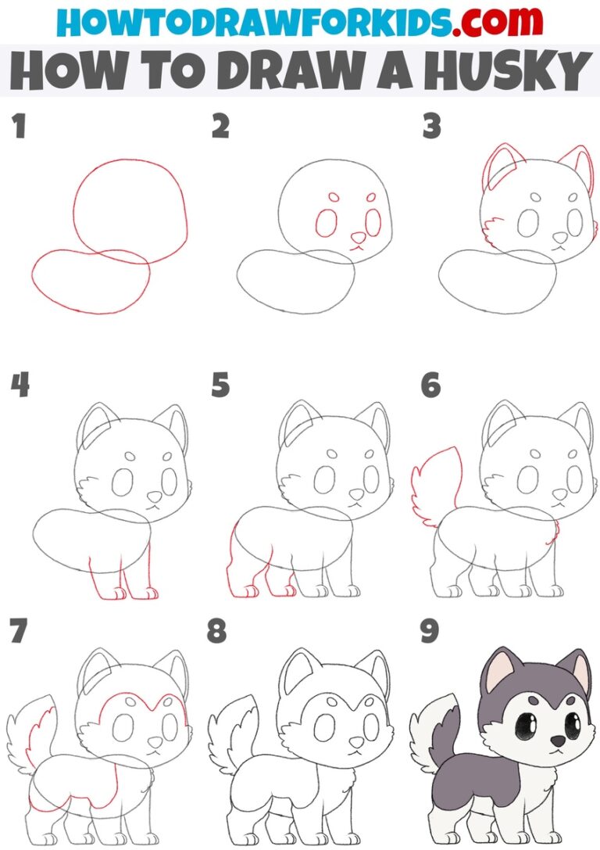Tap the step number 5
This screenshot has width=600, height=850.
[221, 386]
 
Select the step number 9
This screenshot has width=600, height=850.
[430, 632]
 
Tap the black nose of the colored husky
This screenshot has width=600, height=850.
[558, 740]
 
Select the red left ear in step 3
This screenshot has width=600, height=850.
[497, 164]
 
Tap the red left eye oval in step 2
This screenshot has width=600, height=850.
[327, 224]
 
